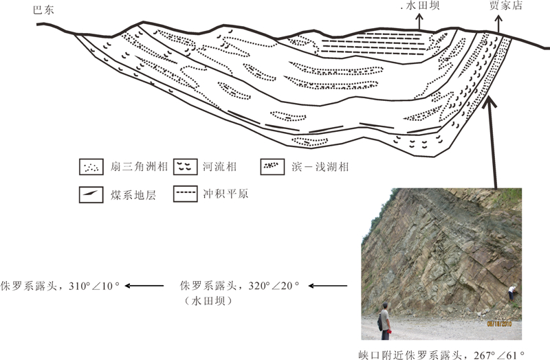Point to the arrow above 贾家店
pyautogui.click(x=497, y=22)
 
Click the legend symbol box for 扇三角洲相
pyautogui.click(x=89, y=166)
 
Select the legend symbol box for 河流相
pyautogui.click(x=184, y=166)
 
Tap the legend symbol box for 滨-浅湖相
pyautogui.click(x=274, y=166)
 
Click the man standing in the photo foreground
pyautogui.click(x=384, y=320)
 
